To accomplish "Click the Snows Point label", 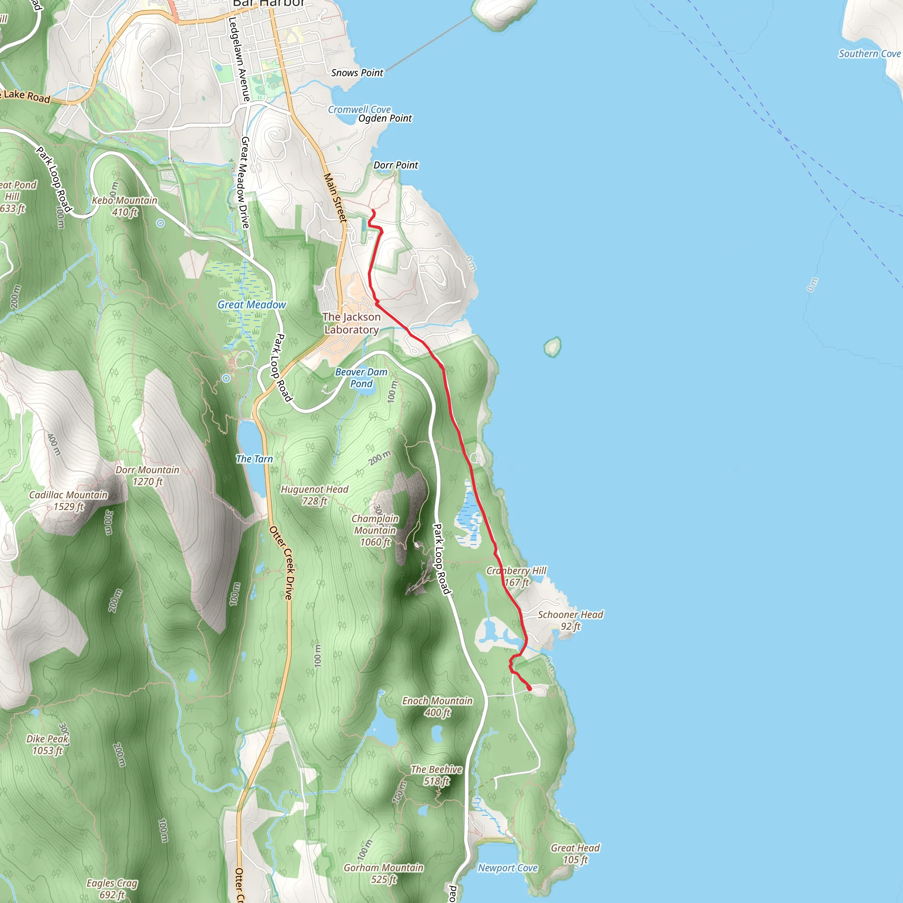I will coord(357,73).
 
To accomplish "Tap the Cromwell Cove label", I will coord(359,109).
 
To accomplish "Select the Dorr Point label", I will coord(396,165).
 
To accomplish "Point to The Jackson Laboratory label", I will coord(351,324).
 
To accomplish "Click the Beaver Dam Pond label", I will coord(361,378).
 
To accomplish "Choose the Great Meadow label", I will coord(251,305).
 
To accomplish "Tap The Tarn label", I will coord(254,459).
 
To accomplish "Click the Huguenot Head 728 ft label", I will coord(314,496).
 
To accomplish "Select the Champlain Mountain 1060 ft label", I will coord(375,530).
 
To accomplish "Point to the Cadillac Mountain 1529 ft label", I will coord(69,500).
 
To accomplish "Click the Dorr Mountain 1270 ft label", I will coord(148,476).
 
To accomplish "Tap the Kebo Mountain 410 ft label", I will coord(124,206).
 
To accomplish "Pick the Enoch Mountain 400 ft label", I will coord(437,707).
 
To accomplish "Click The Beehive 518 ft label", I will coord(437,776).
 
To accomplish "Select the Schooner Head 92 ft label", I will coord(570,620).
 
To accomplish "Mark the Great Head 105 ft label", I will coord(575,854).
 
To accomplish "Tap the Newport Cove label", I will coord(507,868).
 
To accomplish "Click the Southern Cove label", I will coord(869,54).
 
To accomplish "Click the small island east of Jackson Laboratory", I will coord(552,347).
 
